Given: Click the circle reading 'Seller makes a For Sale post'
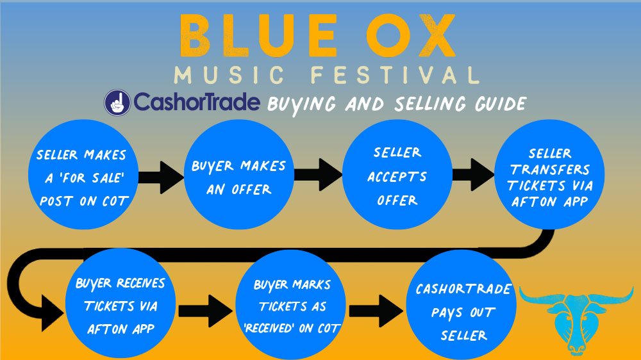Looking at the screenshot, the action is click(x=83, y=174).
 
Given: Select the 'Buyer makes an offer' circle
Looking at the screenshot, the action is click(x=238, y=174).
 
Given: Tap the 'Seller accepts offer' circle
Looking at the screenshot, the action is click(x=397, y=174).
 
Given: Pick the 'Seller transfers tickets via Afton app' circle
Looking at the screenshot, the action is click(x=549, y=174).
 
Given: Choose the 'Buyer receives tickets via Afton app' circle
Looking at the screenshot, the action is click(x=121, y=304).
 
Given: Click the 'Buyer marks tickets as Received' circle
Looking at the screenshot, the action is click(x=290, y=305).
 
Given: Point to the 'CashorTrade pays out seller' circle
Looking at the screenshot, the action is click(x=461, y=305).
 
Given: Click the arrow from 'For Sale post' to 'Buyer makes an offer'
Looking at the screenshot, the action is click(x=162, y=177).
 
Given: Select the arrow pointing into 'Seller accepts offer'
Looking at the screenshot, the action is click(x=318, y=174).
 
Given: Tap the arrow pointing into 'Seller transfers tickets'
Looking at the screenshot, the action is click(x=474, y=174).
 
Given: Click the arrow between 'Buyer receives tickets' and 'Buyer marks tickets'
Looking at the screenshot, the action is click(x=206, y=311).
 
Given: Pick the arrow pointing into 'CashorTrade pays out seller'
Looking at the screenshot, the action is click(x=376, y=311).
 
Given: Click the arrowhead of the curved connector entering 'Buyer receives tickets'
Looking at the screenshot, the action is click(x=53, y=313).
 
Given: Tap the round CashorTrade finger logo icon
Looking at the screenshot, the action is click(x=117, y=102).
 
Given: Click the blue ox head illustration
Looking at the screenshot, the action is click(x=576, y=320).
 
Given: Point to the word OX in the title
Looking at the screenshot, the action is click(x=411, y=35).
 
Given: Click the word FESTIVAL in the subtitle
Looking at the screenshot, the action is click(x=395, y=75).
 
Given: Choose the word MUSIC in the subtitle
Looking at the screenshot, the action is click(x=229, y=75).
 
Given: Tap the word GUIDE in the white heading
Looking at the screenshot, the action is click(x=501, y=104).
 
